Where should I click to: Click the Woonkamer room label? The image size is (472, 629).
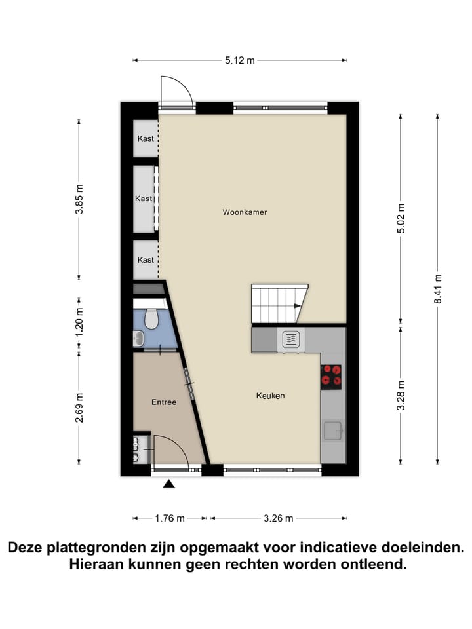pyautogui.click(x=245, y=212)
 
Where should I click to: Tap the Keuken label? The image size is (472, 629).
pyautogui.click(x=270, y=396)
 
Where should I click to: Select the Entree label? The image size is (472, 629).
pyautogui.click(x=164, y=402)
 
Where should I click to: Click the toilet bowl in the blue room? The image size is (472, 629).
pyautogui.click(x=151, y=318)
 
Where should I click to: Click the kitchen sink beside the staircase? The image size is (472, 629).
pyautogui.click(x=291, y=339)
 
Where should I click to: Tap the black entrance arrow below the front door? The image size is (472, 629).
pyautogui.click(x=169, y=484)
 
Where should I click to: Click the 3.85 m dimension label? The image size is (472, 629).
pyautogui.click(x=79, y=199)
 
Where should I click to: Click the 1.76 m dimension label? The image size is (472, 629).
pyautogui.click(x=169, y=518)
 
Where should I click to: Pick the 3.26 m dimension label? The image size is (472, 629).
pyautogui.click(x=278, y=518)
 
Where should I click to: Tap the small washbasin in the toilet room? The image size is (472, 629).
pyautogui.click(x=138, y=338)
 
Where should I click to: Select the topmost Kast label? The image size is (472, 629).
pyautogui.click(x=146, y=138)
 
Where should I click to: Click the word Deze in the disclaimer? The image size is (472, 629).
pyautogui.click(x=26, y=547)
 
